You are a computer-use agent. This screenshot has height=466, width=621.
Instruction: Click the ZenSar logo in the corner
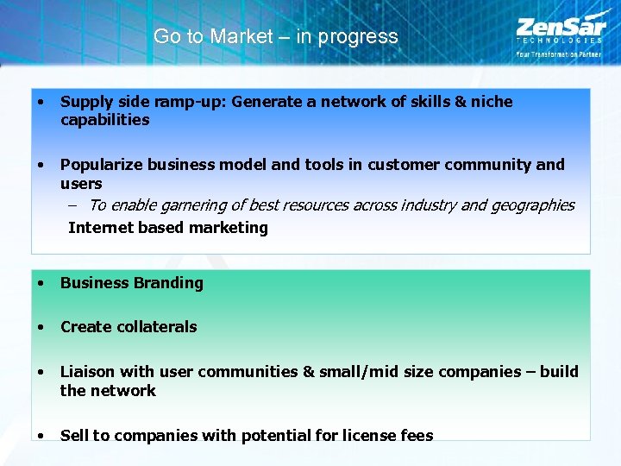point(559,30)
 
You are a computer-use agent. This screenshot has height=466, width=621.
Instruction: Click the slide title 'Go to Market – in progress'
point(275,37)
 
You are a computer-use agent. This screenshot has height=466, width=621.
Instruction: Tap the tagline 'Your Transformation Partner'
point(559,54)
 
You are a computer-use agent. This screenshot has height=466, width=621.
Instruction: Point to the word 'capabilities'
point(104,120)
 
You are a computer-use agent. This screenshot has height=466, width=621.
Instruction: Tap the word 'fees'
point(418,436)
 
